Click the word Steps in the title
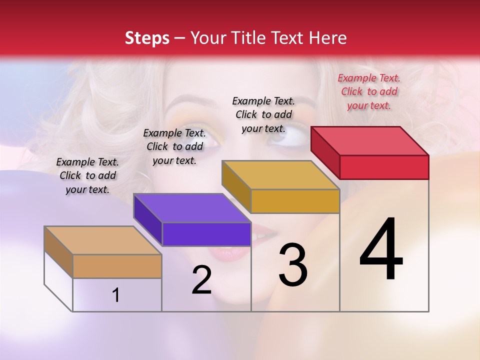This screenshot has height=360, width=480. pos(147,38)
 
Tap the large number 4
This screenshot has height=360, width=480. pos(381,250)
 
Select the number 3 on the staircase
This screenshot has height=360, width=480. pos(293,265)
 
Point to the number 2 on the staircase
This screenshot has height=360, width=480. pos(201,280)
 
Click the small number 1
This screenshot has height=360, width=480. pos(116,295)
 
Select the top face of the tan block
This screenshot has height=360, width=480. pos(103,240)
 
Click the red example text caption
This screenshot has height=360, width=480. pos(369,91)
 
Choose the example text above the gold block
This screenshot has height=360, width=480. pos(263,114)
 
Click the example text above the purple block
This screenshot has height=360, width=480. pos(174,146)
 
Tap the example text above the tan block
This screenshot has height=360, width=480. pos(87,175)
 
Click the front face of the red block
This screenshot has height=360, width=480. pos(384,167)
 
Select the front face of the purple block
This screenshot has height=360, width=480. pos(206,234)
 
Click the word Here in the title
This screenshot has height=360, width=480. pos(329,38)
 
